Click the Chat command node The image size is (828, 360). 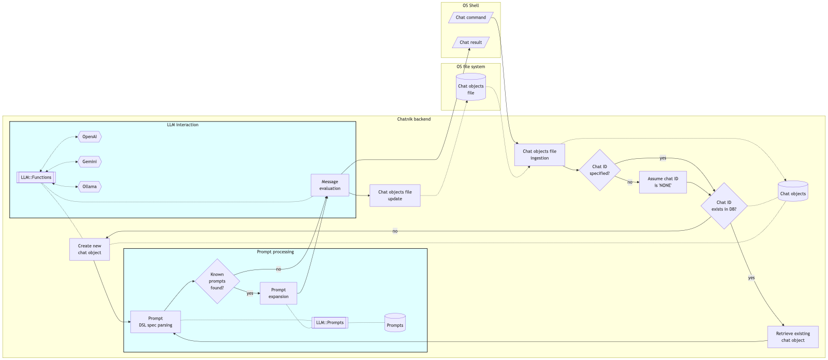(x=470, y=18)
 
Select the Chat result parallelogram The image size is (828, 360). (x=470, y=42)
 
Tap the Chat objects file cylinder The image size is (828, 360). (x=471, y=88)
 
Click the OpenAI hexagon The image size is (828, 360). (x=90, y=137)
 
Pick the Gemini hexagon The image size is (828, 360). (x=90, y=162)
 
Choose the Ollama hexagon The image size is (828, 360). (x=90, y=187)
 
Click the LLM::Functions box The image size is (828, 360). (x=36, y=177)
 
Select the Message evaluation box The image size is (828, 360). (x=330, y=185)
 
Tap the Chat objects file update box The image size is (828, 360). (x=395, y=196)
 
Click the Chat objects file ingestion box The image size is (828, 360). (x=539, y=155)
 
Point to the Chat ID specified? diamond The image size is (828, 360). (x=600, y=170)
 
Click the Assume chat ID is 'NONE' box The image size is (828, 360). (x=663, y=182)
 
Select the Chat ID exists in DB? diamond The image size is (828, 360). (x=724, y=206)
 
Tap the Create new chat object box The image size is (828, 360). (x=90, y=249)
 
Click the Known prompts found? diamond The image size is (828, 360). (x=217, y=281)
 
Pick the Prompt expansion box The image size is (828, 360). (x=278, y=293)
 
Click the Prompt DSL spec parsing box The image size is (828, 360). (x=155, y=322)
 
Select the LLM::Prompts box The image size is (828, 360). (x=330, y=323)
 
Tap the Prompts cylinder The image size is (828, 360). (x=395, y=323)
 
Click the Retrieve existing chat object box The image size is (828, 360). (x=793, y=337)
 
